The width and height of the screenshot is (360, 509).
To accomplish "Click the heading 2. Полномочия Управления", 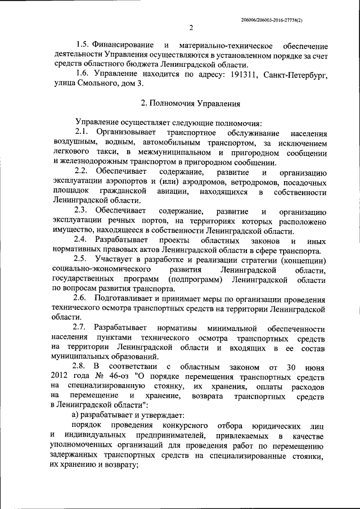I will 190,103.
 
